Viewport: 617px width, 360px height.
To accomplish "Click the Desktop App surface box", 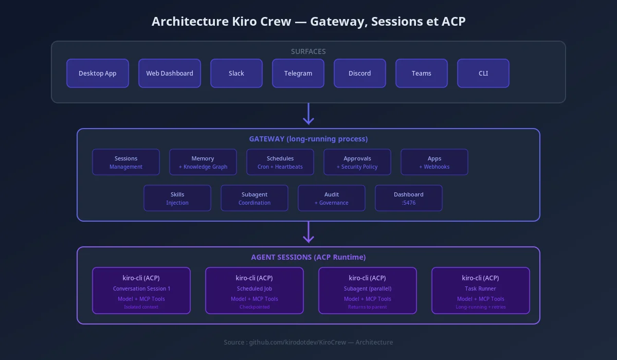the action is (x=98, y=73).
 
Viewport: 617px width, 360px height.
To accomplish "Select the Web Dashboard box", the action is (x=170, y=73).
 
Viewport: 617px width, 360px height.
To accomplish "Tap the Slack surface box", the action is (x=237, y=73).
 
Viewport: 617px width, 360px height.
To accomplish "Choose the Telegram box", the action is (x=298, y=73).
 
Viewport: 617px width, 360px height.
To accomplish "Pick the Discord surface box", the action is (x=360, y=73).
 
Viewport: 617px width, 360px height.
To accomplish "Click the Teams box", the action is (x=422, y=73).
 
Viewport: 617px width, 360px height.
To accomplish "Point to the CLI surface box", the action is (x=483, y=73).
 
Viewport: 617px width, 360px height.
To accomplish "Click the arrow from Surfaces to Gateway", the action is (x=308, y=114).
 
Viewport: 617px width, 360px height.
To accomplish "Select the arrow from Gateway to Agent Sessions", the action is (x=308, y=232).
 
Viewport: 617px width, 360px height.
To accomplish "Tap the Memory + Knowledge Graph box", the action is (x=203, y=162).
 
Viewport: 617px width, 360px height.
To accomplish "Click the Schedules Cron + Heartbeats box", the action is (x=280, y=162).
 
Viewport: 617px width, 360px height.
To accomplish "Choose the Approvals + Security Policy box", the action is (x=357, y=162).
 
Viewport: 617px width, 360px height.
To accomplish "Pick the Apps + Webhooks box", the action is (x=434, y=162).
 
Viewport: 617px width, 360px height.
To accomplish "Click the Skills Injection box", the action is (x=177, y=198).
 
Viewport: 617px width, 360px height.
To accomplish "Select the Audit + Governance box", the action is (x=332, y=198).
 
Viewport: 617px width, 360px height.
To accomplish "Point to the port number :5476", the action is (x=408, y=203).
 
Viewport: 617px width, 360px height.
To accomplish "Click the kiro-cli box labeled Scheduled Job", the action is (x=255, y=291).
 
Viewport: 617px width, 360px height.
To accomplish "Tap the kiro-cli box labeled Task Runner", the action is (x=481, y=291).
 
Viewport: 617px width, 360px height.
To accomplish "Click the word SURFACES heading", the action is (x=308, y=51).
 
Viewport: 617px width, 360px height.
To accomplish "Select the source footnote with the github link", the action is (x=308, y=343).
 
